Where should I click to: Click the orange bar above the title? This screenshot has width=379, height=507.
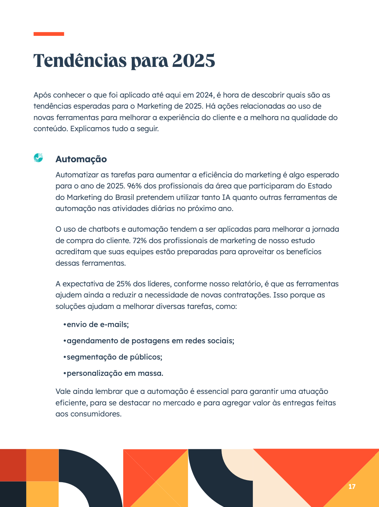tap(48, 34)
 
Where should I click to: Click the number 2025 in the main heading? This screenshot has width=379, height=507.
tap(193, 61)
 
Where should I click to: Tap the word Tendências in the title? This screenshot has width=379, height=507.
tap(80, 61)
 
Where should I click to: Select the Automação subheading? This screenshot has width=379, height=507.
tap(81, 159)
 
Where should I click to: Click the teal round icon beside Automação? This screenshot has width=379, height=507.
tap(38, 157)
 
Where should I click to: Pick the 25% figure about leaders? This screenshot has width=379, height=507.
tap(124, 284)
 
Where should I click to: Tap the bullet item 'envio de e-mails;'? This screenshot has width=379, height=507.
tap(97, 324)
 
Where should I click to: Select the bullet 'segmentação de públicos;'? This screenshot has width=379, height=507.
tap(114, 357)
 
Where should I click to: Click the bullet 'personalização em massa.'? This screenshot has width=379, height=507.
tap(115, 373)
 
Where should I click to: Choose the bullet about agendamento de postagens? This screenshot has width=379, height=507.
tap(150, 341)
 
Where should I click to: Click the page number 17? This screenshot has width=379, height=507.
tap(352, 486)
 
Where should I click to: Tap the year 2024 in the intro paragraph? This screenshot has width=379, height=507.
tap(205, 95)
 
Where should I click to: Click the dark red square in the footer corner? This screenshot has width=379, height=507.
tap(13, 465)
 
